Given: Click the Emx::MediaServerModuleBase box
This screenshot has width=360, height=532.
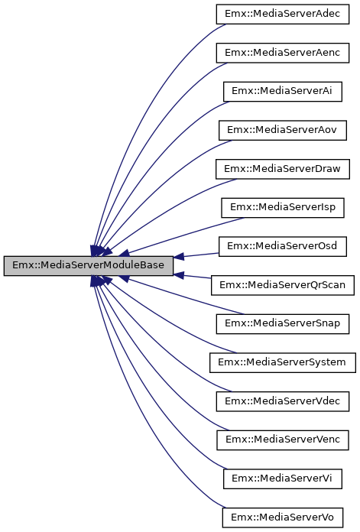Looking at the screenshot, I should [88, 265].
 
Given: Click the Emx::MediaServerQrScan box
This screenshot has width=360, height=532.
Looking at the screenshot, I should [283, 284].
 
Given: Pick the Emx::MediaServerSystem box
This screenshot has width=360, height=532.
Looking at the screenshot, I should [283, 362].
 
